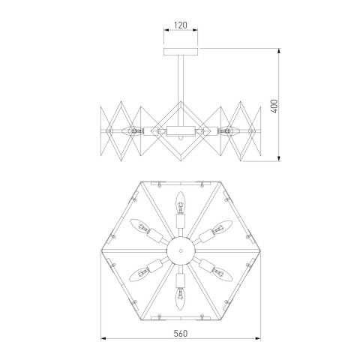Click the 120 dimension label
179,25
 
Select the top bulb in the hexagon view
179,202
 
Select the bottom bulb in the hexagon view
179,295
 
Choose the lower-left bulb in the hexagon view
139,271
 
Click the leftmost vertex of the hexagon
100,248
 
